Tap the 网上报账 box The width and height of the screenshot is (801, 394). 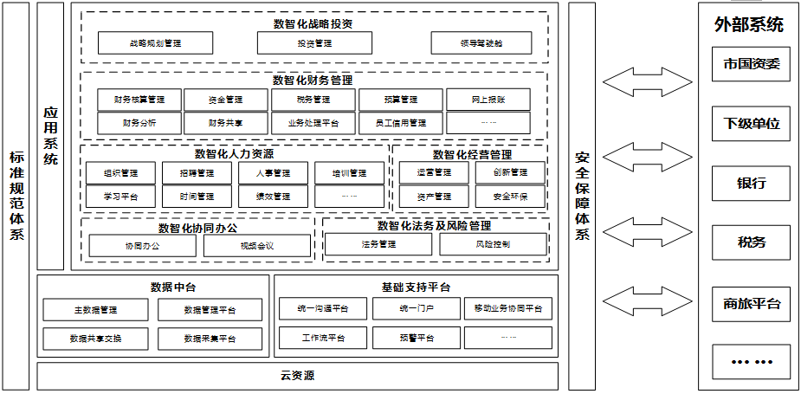tap(488, 100)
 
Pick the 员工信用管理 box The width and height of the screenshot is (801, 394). tap(400, 123)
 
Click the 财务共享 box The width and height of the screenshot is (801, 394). tap(225, 123)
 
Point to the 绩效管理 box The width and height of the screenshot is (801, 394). tap(273, 197)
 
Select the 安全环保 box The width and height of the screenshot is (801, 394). tap(510, 197)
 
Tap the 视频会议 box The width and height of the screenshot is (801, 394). tap(257, 246)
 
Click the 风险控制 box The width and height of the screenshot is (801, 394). tap(493, 244)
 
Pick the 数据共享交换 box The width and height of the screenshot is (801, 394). tap(95, 338)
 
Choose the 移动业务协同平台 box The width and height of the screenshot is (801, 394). tap(507, 308)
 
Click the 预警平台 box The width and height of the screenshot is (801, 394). tap(417, 338)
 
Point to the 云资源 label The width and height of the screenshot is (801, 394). tap(297, 376)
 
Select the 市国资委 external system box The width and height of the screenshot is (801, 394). tap(752, 64)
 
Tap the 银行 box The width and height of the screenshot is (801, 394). tap(752, 184)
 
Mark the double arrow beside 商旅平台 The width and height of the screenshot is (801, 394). tap(636, 303)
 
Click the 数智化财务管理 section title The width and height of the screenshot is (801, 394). tap(313, 80)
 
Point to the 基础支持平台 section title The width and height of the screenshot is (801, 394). tap(416, 287)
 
